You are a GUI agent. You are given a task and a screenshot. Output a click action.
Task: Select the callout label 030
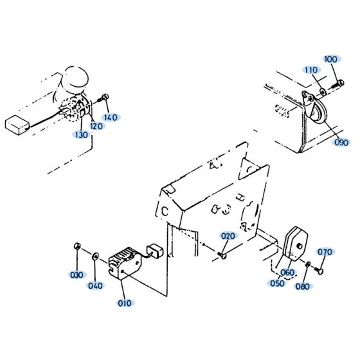(76, 275)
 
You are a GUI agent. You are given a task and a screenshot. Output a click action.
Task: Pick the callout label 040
(95, 285)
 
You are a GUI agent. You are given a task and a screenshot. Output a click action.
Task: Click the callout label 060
(287, 273)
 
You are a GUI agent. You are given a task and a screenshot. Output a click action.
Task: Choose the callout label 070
(325, 251)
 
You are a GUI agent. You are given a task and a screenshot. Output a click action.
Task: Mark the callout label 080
(302, 287)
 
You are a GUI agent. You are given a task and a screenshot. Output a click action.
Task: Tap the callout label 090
(342, 142)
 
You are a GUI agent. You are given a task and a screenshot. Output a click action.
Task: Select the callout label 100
(331, 59)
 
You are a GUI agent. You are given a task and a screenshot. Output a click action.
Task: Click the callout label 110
(311, 69)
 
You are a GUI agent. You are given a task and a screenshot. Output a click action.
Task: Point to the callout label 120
(96, 126)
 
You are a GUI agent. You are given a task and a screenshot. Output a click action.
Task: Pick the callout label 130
(81, 135)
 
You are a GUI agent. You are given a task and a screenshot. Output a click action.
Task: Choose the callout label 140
(111, 118)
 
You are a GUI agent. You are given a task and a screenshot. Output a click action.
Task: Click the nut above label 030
(76, 247)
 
